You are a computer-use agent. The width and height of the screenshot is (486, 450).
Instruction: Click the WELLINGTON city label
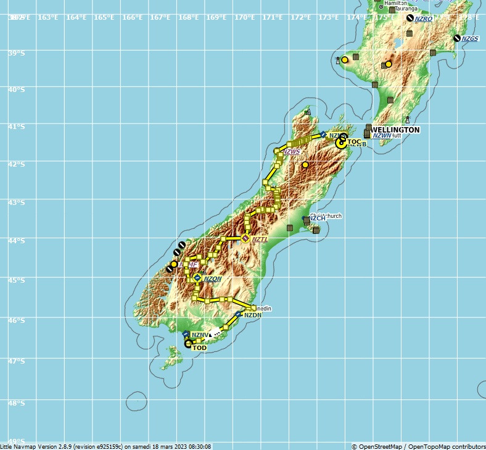pyautogui.click(x=395, y=130)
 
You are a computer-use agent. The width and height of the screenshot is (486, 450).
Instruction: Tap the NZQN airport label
pyautogui.click(x=213, y=279)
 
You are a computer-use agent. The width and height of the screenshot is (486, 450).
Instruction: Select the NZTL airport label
pyautogui.click(x=260, y=239)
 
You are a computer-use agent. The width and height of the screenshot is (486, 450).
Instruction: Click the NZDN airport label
pyautogui.click(x=253, y=315)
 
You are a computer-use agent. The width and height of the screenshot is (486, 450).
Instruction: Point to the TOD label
pyautogui.click(x=199, y=348)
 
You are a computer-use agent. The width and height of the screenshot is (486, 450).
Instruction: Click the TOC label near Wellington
pyautogui.click(x=354, y=142)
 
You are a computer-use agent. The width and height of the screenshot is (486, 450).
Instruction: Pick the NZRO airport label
pyautogui.click(x=424, y=19)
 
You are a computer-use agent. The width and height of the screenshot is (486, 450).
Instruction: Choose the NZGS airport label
pyautogui.click(x=470, y=39)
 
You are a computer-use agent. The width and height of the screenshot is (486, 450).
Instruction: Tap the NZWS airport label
pyautogui.click(x=292, y=152)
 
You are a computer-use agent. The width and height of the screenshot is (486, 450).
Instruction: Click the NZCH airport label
pyautogui.click(x=317, y=218)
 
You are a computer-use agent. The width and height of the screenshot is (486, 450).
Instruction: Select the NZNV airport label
pyautogui.click(x=199, y=335)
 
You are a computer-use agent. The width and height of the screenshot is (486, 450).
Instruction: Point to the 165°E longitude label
pyautogui.click(x=104, y=17)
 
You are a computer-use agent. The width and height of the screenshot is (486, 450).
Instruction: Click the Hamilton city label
pyautogui.click(x=395, y=3)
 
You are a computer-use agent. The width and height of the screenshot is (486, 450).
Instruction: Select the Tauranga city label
pyautogui.click(x=406, y=9)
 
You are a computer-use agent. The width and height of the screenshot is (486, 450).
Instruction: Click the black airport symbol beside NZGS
pyautogui.click(x=457, y=38)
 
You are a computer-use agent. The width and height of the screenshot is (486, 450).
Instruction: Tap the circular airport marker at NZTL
pyautogui.click(x=245, y=238)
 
